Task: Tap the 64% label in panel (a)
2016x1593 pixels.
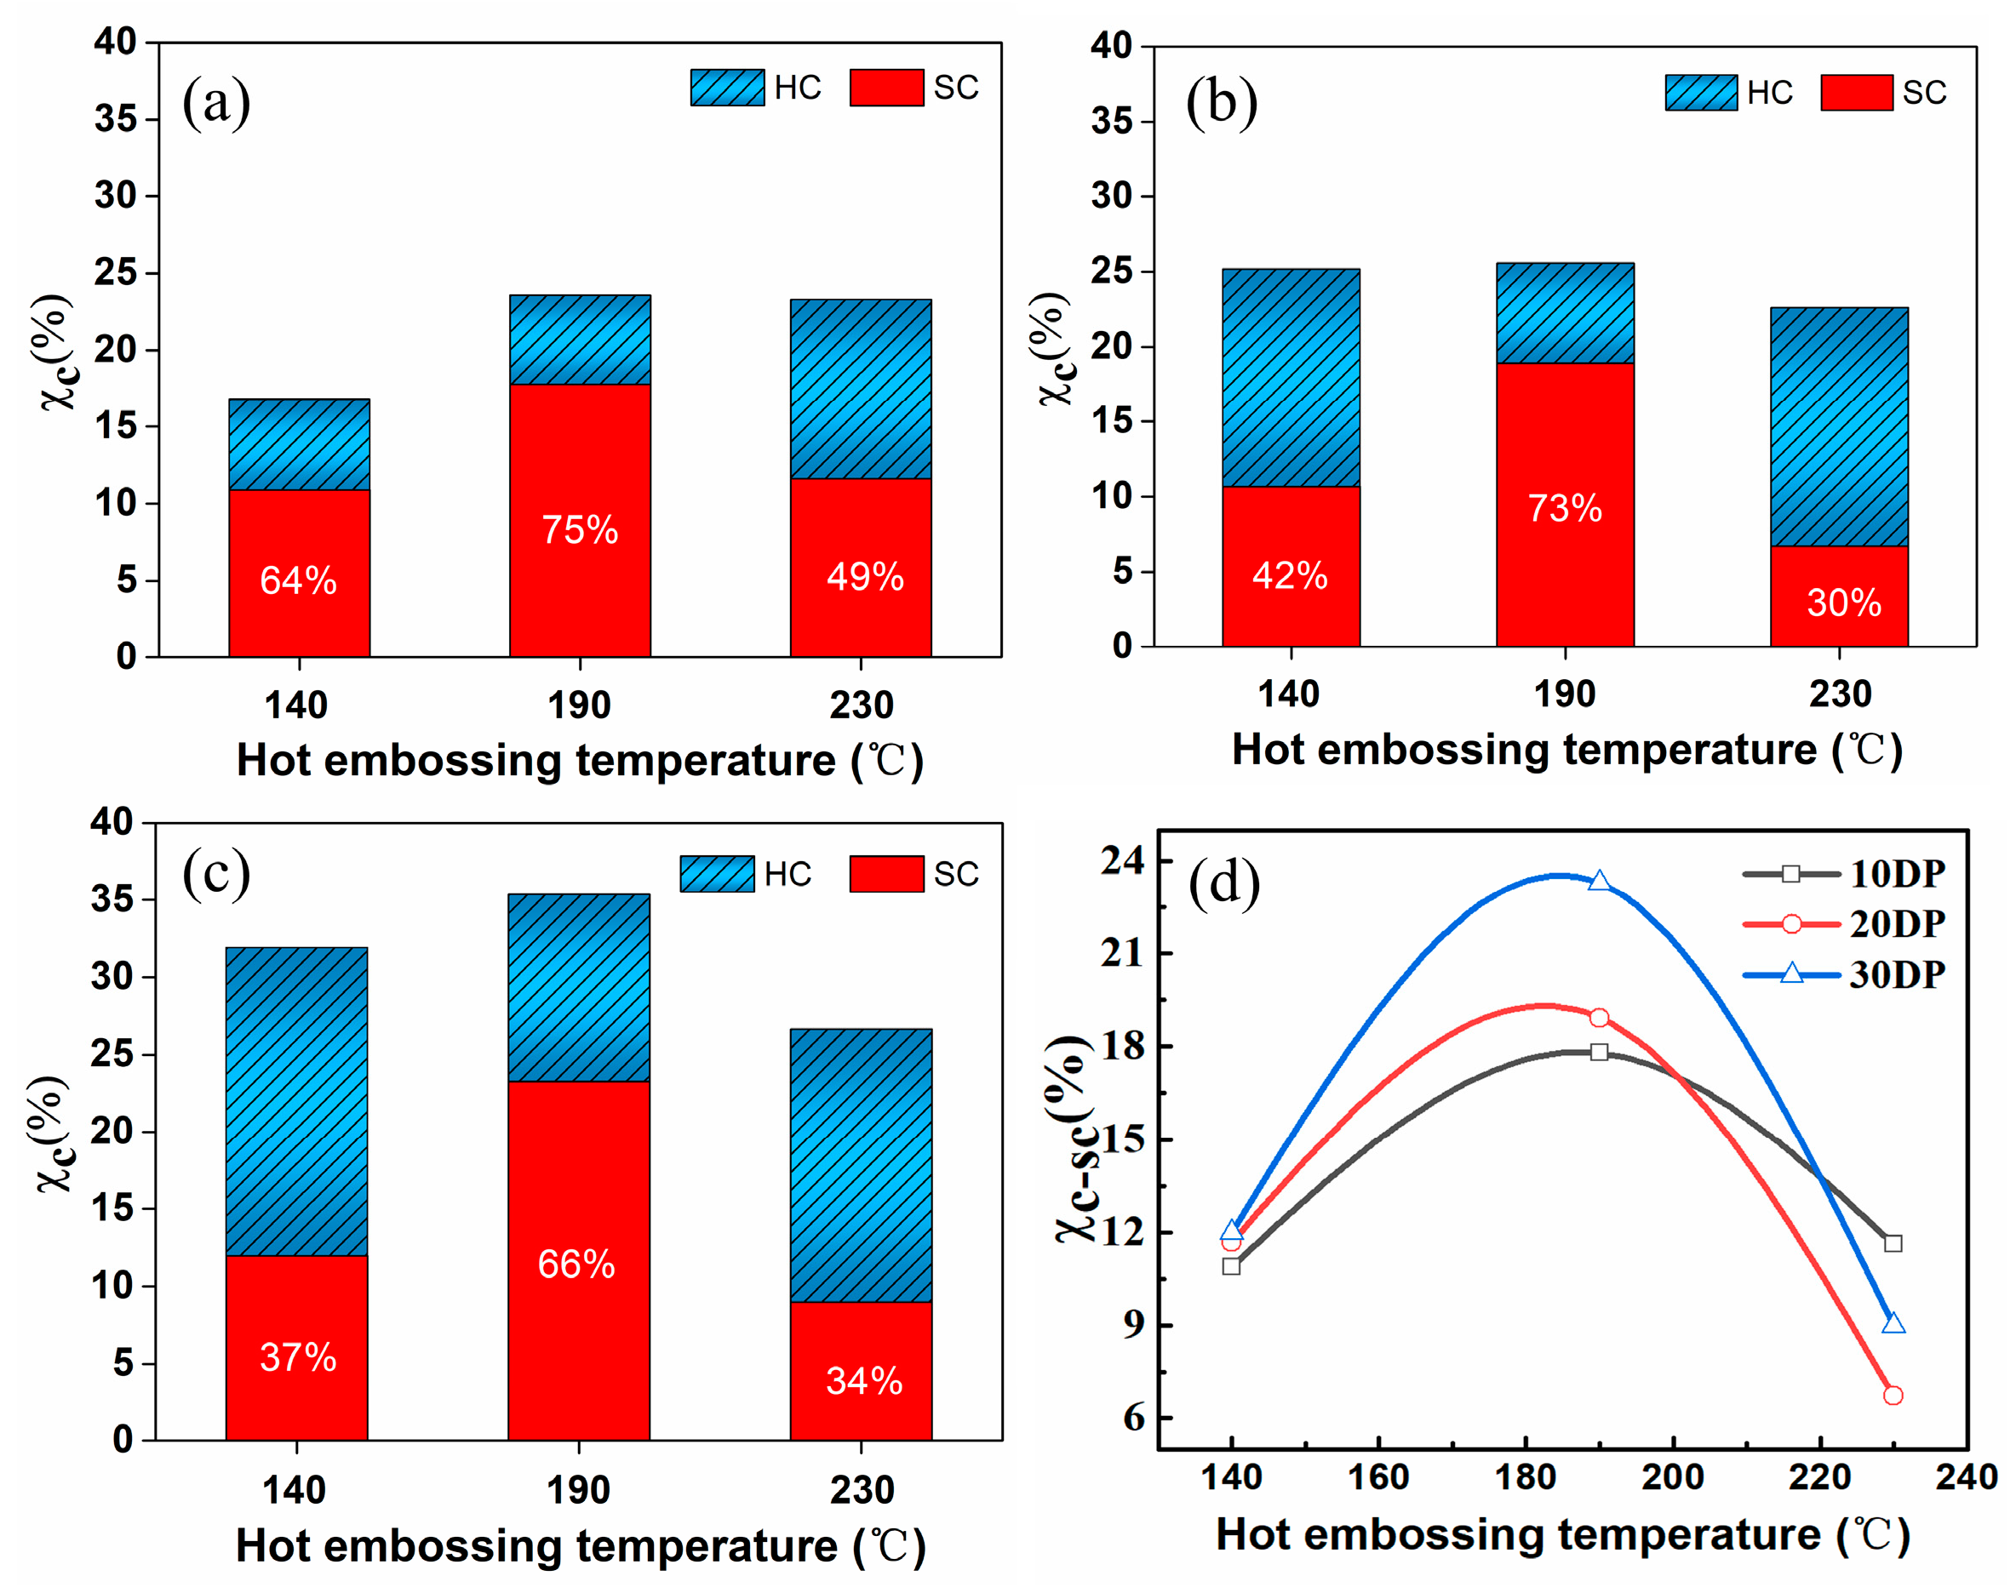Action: point(298,580)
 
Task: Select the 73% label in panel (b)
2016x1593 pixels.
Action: point(1565,508)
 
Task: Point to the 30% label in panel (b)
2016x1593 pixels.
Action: point(1843,602)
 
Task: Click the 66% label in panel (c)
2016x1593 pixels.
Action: point(576,1265)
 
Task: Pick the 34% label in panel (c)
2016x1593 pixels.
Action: point(864,1381)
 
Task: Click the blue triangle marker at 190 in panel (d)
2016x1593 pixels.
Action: point(1599,882)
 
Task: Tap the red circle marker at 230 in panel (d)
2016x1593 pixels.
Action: point(1893,1396)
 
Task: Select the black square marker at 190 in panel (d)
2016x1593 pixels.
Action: point(1599,1052)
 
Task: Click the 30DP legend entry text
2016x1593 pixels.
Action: point(1898,974)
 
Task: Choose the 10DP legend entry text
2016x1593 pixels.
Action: point(1898,874)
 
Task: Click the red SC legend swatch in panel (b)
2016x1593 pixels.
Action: point(1857,93)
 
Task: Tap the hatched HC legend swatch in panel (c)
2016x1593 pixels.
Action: point(717,874)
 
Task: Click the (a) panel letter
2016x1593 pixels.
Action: point(215,101)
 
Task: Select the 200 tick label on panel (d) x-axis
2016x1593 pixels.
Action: point(1673,1477)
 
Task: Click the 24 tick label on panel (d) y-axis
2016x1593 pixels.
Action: point(1121,860)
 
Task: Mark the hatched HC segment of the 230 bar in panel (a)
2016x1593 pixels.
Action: point(860,389)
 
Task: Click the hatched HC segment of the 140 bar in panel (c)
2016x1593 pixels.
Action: point(296,1101)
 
